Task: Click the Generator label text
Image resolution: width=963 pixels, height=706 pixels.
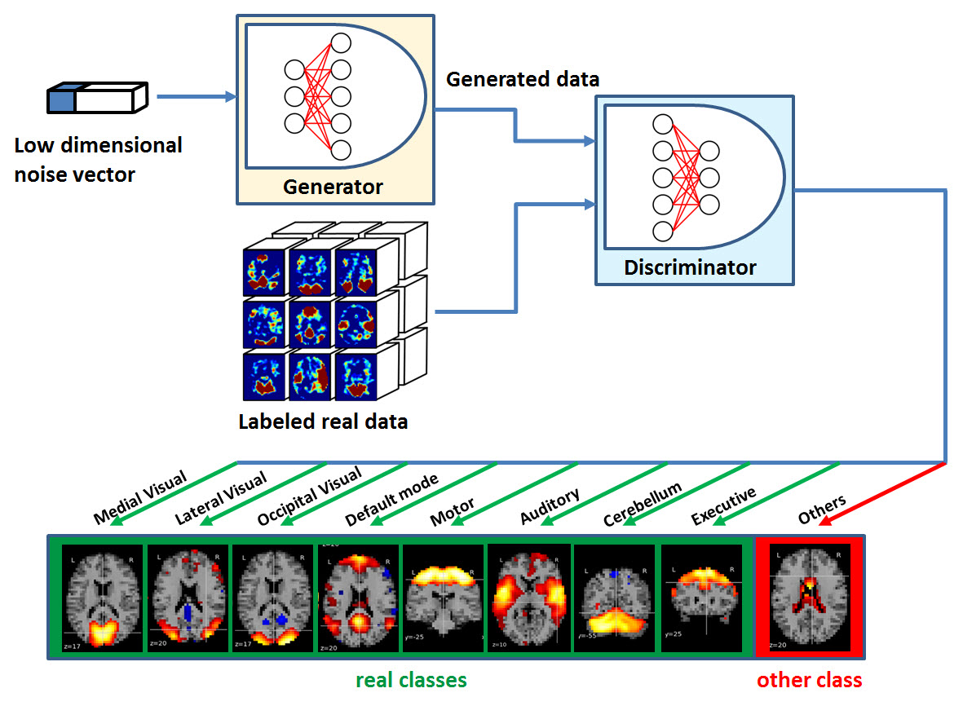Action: click(333, 187)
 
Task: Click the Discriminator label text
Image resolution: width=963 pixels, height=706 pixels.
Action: click(690, 267)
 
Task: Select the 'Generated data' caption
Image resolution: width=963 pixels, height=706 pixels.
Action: click(523, 79)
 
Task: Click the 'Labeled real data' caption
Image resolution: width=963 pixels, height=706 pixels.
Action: click(323, 421)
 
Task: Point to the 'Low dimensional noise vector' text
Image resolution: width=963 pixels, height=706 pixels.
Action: click(98, 159)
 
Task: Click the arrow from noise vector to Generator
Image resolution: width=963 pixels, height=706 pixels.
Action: click(196, 97)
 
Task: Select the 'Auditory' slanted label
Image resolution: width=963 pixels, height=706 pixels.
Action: click(550, 507)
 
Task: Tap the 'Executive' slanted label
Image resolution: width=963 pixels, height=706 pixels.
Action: click(723, 507)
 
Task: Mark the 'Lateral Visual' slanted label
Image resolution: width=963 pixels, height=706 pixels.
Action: click(220, 499)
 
